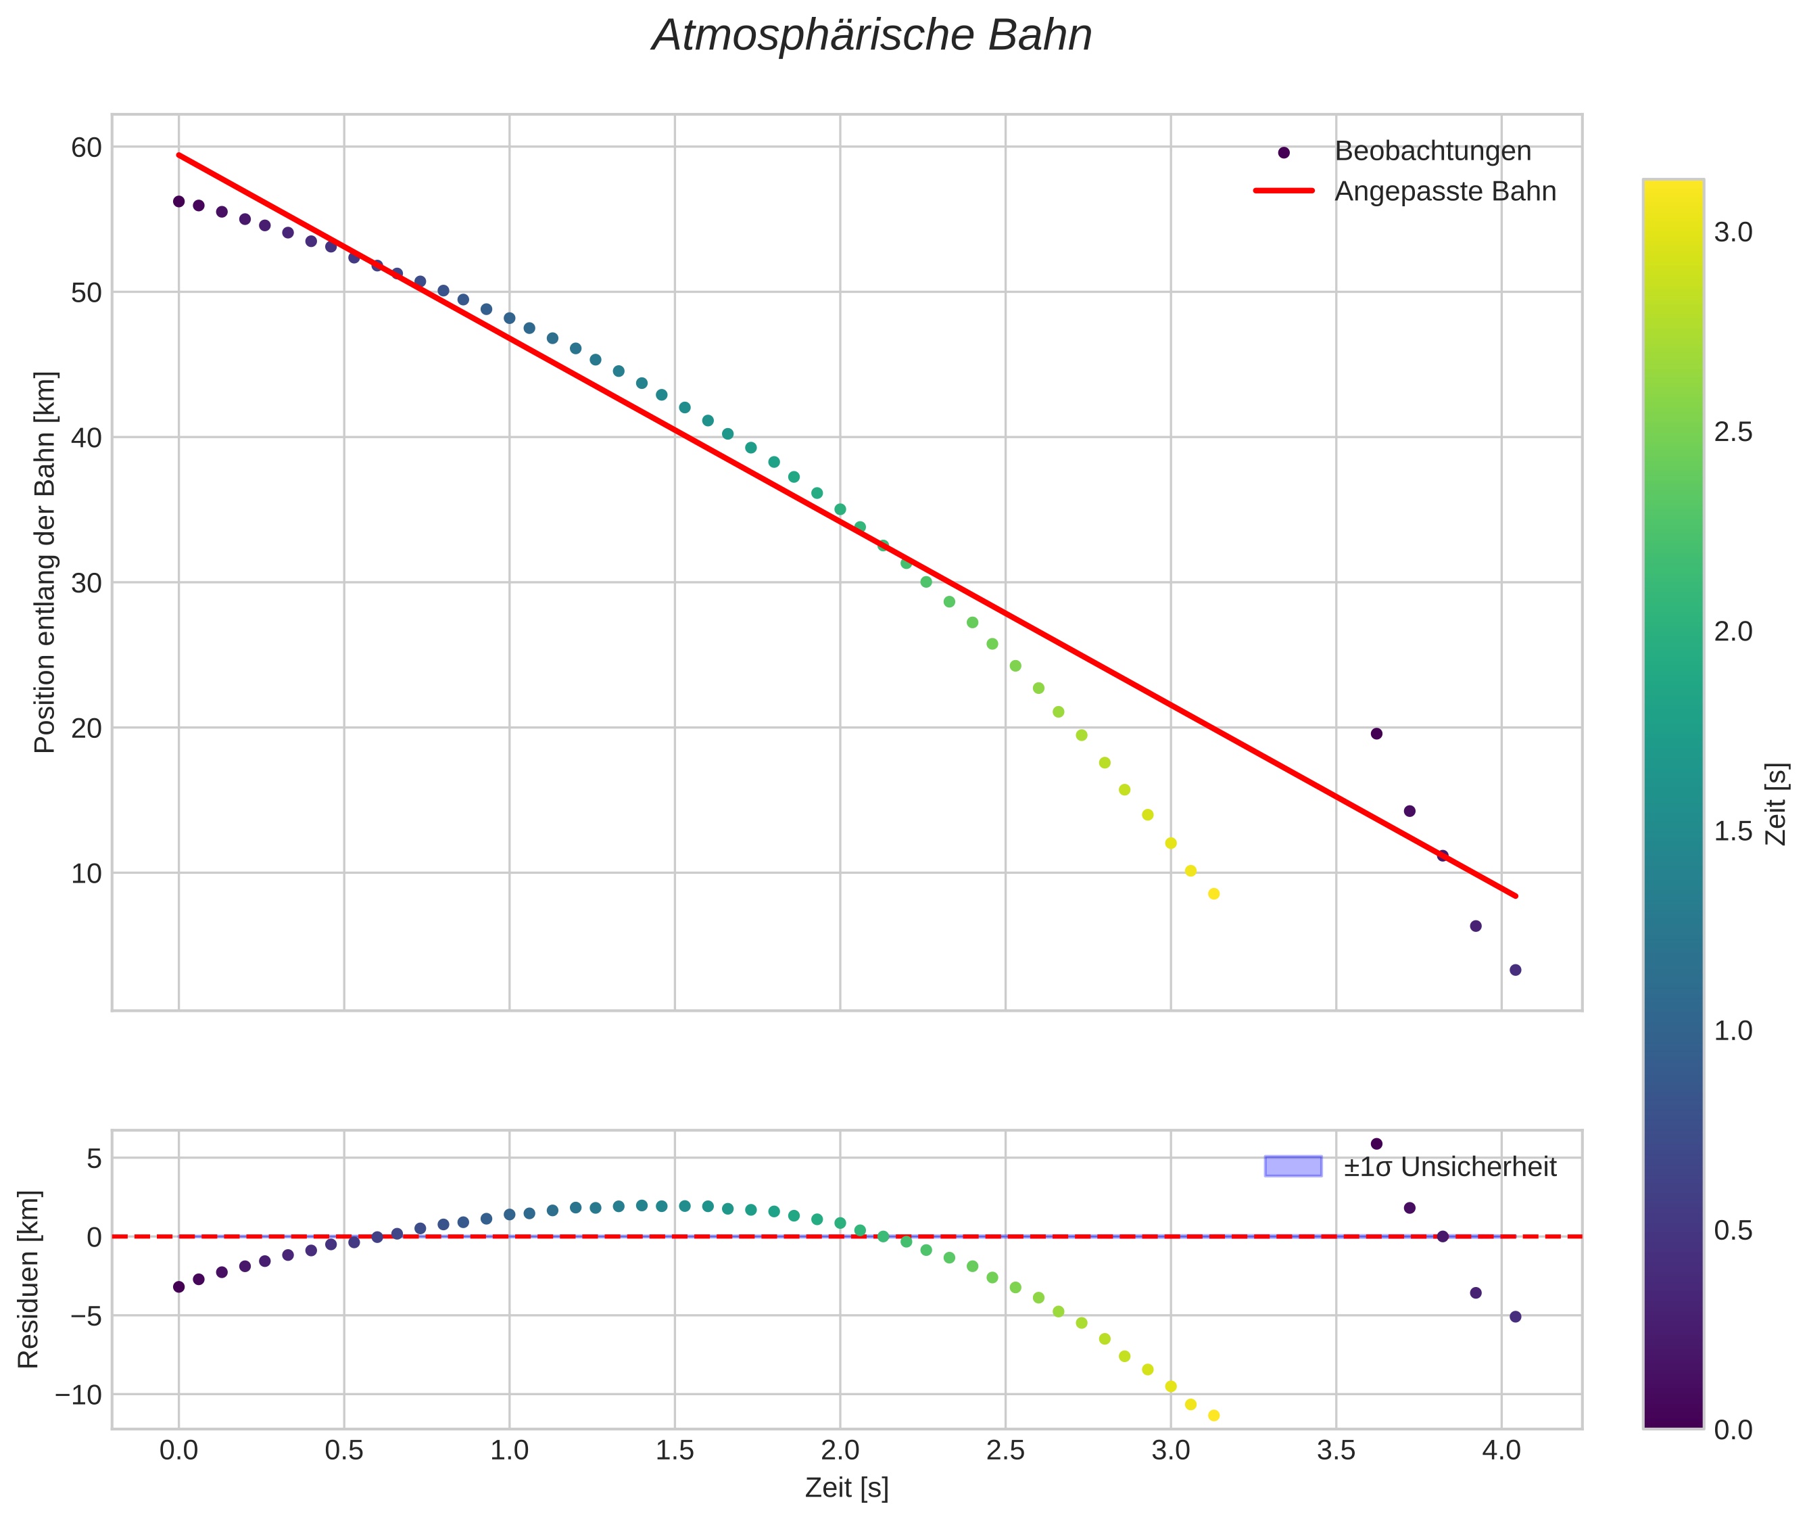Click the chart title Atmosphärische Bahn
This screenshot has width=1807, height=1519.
[871, 36]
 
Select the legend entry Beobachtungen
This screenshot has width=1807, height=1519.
[1432, 151]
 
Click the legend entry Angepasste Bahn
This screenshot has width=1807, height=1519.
[1445, 191]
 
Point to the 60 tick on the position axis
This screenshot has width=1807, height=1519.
[86, 147]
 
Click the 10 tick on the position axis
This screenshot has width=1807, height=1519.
[86, 873]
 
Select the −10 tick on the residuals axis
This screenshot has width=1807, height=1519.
[78, 1395]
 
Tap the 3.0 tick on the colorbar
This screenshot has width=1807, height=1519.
[1733, 233]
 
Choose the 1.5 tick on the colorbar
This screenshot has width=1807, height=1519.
[1733, 831]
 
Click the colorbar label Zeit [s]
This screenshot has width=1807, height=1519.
[1777, 804]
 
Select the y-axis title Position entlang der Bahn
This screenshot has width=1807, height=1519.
[45, 562]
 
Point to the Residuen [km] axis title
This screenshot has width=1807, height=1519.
[28, 1280]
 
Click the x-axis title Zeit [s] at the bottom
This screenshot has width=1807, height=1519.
[846, 1487]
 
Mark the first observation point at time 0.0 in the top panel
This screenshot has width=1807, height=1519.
[179, 202]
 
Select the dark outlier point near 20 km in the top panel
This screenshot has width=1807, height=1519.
[1376, 734]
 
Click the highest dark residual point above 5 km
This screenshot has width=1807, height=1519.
[1376, 1144]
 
